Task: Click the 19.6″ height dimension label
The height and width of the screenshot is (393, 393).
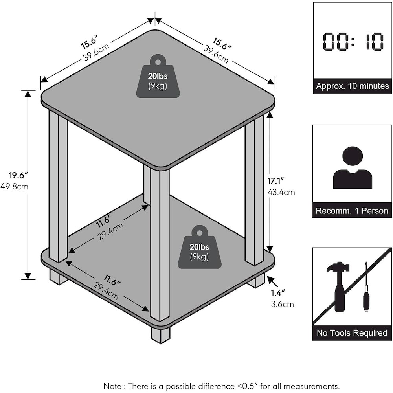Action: click(x=16, y=175)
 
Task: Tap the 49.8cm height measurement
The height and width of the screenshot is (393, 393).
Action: click(x=14, y=186)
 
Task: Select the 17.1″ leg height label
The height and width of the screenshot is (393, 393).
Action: click(x=276, y=181)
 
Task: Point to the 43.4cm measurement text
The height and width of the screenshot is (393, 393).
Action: click(x=281, y=192)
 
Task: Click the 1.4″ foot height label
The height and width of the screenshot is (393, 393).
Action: click(x=278, y=292)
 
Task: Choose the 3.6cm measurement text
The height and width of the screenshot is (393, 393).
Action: click(x=282, y=304)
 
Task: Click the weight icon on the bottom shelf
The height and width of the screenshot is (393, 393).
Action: click(x=200, y=247)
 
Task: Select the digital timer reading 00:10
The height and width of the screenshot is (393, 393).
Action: click(x=353, y=42)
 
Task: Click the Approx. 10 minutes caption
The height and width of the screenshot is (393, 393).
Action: click(x=353, y=86)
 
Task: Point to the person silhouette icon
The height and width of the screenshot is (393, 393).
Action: click(x=353, y=167)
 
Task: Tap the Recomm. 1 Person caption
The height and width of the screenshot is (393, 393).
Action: click(x=352, y=211)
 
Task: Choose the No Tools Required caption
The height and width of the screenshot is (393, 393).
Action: click(x=352, y=333)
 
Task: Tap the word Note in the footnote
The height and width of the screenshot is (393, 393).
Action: click(x=112, y=386)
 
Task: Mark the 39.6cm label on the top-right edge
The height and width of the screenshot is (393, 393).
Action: click(x=216, y=54)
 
